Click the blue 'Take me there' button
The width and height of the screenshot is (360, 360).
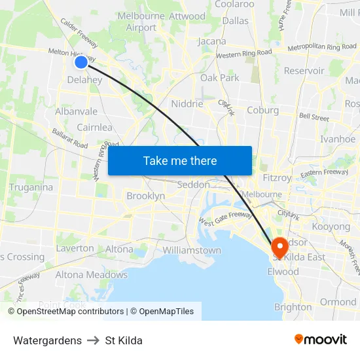point(180,160)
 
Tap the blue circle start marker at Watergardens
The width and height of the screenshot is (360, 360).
point(81,62)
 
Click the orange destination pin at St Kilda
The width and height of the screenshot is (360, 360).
point(279,248)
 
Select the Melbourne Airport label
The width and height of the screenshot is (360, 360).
point(141,22)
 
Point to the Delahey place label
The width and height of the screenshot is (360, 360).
point(84,80)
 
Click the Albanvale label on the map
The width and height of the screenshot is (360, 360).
point(76,111)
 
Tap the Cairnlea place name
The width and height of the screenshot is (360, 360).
point(94,128)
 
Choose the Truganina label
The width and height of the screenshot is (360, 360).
point(31,187)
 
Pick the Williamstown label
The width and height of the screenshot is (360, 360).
point(192,250)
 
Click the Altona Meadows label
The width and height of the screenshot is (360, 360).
point(91,275)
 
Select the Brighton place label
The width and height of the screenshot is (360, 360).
point(293,307)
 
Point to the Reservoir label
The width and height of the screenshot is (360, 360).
point(304,71)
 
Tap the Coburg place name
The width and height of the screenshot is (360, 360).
point(262,110)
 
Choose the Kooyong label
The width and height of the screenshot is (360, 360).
point(331,226)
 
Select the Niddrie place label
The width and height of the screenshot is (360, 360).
point(187,103)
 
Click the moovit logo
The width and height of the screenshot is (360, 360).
point(320,339)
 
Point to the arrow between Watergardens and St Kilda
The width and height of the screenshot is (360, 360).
point(93,340)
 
